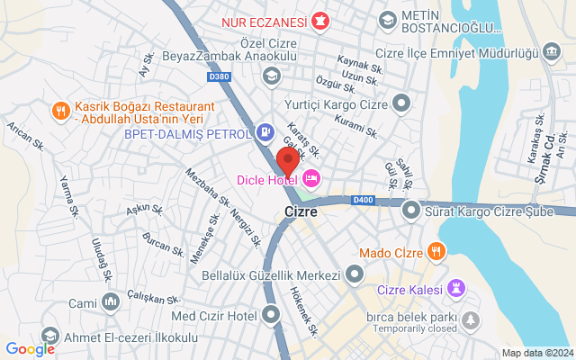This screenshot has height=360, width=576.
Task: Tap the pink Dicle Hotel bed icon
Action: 311,177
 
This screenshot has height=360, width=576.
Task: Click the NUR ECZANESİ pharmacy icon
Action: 319,20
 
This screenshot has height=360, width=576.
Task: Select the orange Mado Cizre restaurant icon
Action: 436,250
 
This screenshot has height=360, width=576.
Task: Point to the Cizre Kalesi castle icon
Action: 459,288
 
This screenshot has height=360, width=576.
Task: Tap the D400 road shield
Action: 363,200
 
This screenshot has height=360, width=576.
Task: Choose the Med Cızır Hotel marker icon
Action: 272,315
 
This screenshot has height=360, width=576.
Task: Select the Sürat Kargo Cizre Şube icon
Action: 411,211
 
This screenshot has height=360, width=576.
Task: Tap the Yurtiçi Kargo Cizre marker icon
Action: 402,104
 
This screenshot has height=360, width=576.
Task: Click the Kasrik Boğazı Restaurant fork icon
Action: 60,111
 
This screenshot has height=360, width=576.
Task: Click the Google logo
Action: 31,349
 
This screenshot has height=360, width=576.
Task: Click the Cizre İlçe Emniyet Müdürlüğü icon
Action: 551,52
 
